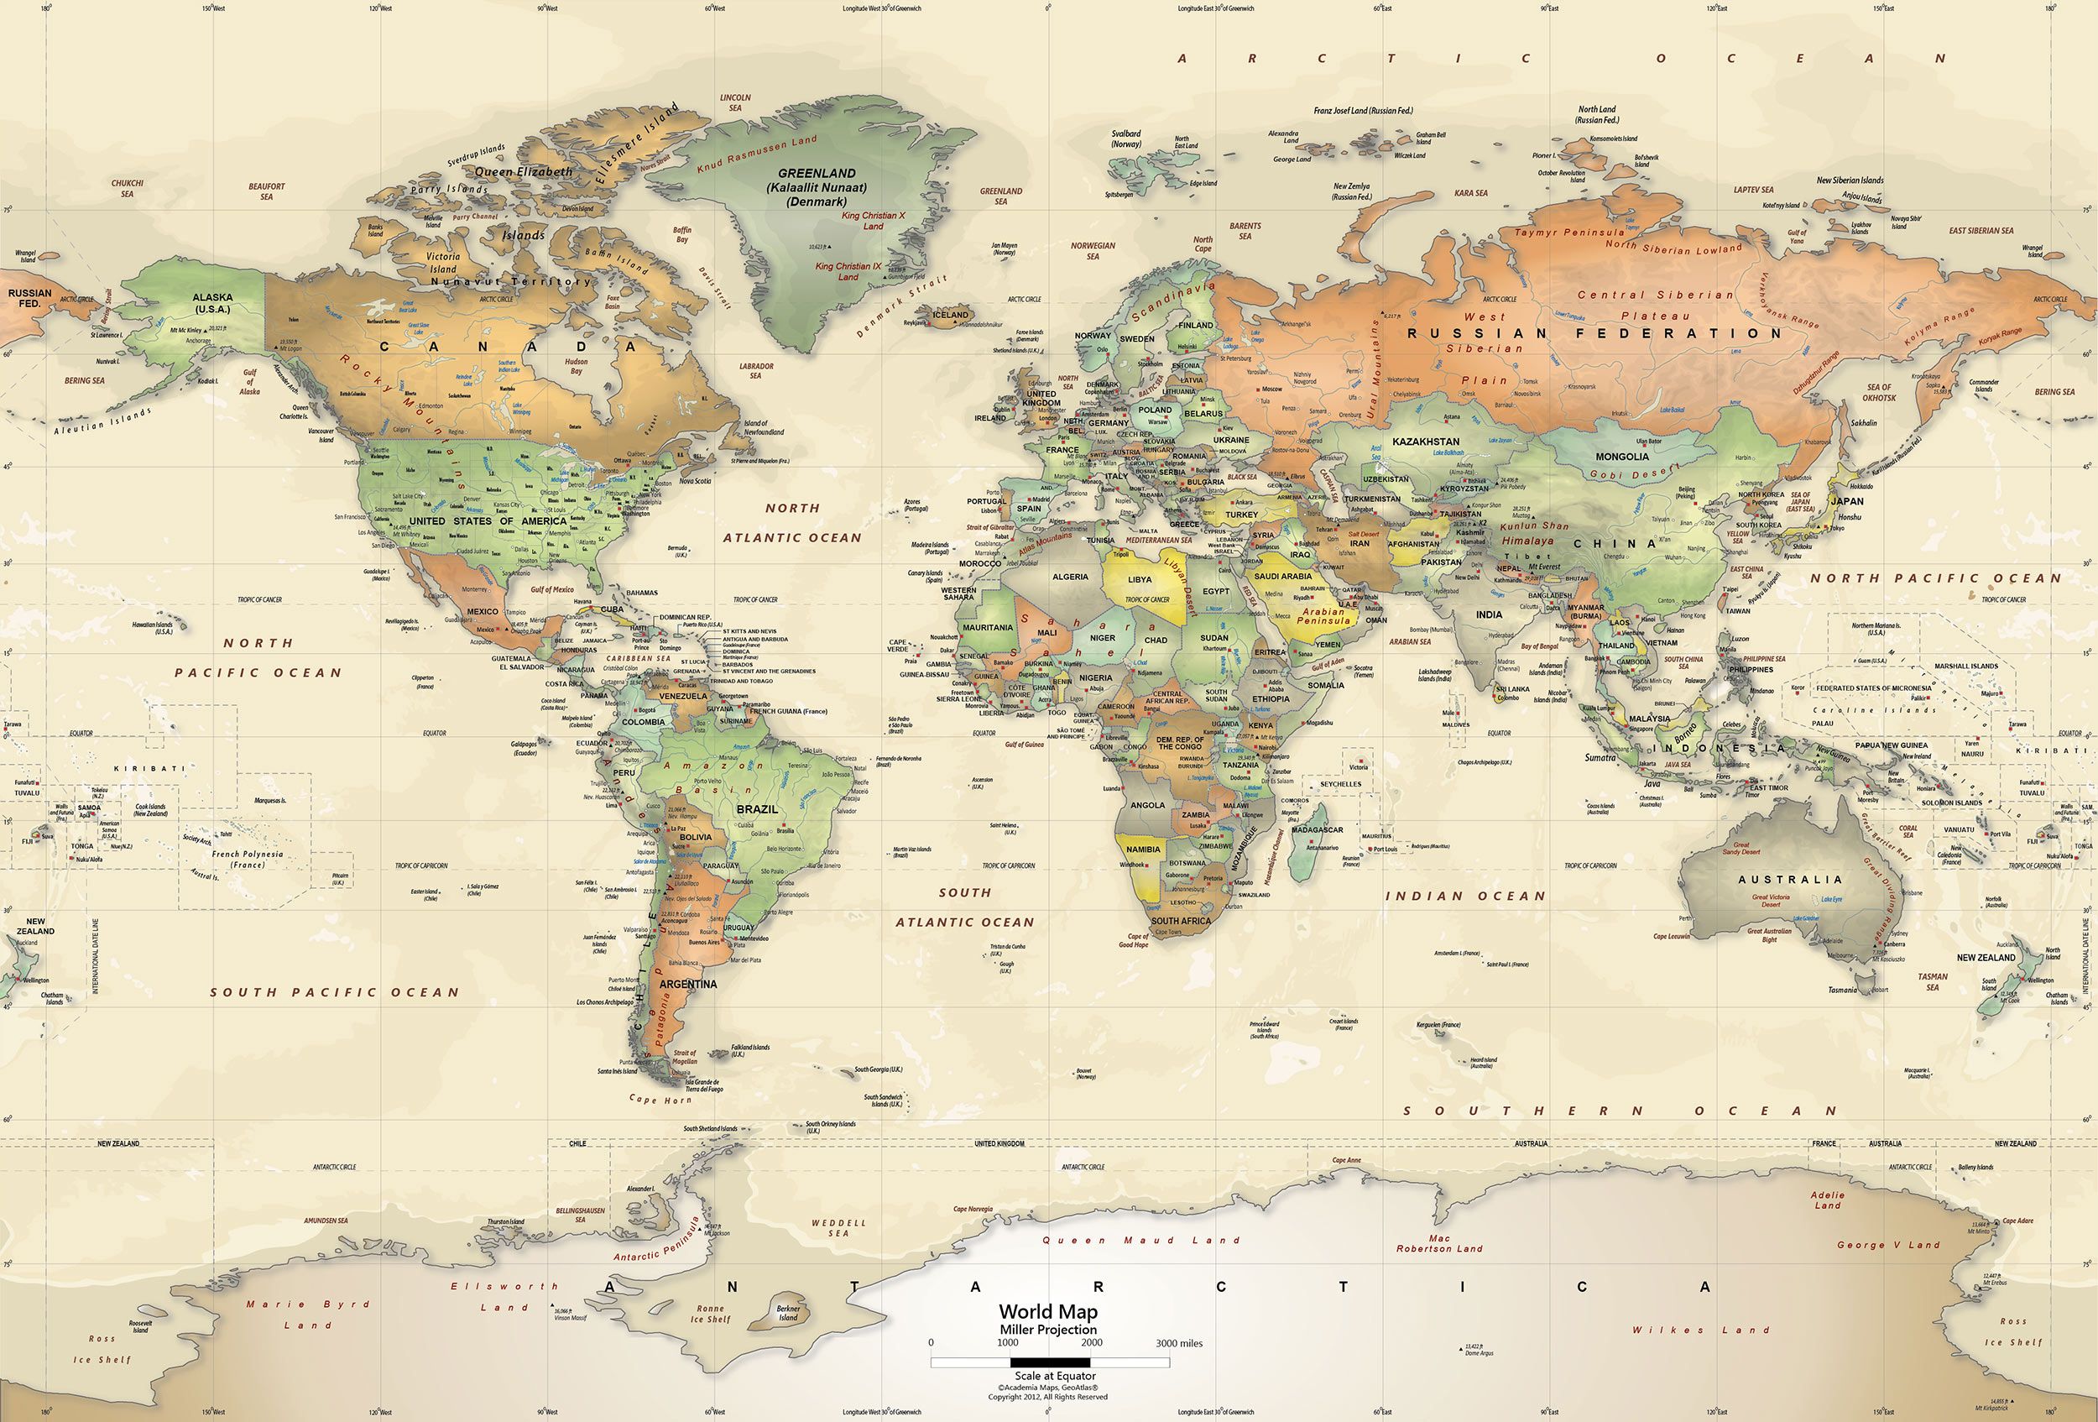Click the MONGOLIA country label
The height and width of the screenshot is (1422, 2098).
tap(1621, 457)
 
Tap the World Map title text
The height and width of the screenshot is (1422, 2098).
tap(1048, 1311)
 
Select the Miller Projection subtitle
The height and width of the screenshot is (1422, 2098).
tap(1048, 1330)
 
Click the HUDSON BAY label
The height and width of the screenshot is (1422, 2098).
tap(576, 367)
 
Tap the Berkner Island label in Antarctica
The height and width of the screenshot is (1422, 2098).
tap(788, 1313)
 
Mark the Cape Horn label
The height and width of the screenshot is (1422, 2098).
tap(660, 1100)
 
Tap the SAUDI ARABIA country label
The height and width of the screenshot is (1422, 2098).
tap(1283, 576)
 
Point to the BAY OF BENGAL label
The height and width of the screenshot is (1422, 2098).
tap(1539, 646)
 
